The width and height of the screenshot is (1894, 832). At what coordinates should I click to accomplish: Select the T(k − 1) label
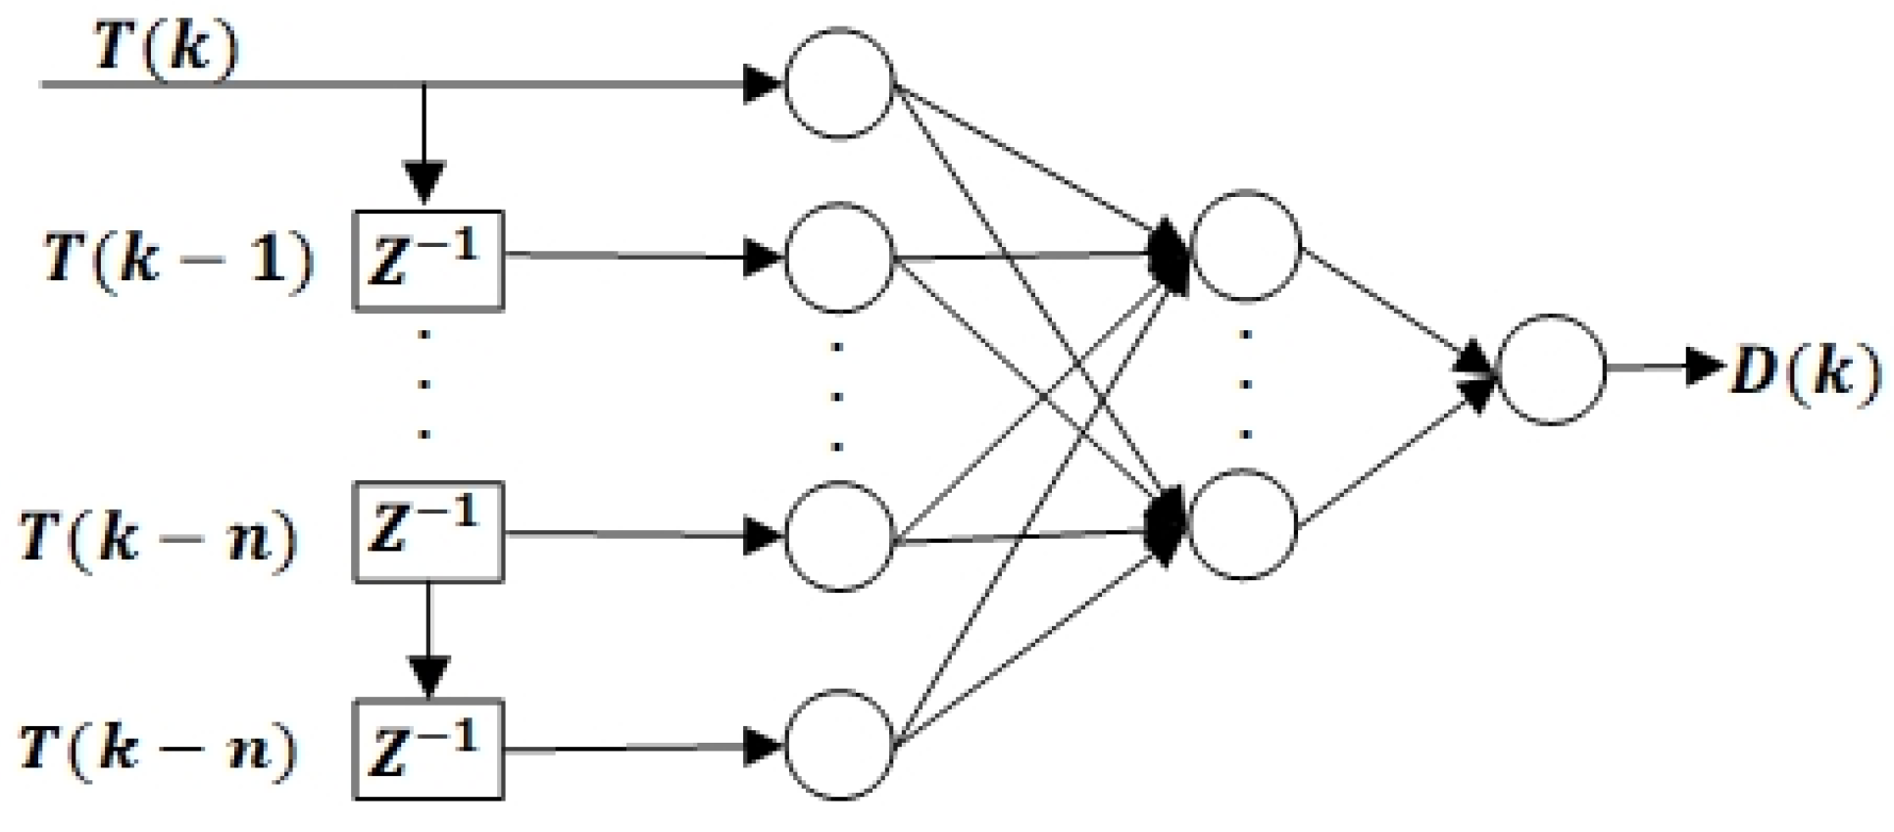(179, 261)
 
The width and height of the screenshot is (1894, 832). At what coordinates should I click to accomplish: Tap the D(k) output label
(1805, 371)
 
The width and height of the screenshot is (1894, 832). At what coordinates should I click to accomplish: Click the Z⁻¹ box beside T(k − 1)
(428, 261)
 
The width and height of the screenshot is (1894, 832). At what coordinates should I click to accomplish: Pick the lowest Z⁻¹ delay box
(428, 750)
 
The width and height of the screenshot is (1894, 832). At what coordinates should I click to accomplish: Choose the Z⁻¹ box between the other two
(428, 532)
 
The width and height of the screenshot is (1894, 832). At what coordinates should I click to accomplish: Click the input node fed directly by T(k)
(839, 83)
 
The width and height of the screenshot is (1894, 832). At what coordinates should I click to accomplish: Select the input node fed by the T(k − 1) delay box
(839, 258)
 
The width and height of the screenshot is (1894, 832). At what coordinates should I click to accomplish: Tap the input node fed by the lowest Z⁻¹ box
(839, 745)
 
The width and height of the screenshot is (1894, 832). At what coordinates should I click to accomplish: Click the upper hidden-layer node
(1244, 245)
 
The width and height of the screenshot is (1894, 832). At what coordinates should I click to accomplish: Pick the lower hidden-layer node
(1242, 524)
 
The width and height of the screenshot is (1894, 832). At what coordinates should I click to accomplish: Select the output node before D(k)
(1551, 369)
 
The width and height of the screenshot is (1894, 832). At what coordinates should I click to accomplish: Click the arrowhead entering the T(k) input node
(763, 84)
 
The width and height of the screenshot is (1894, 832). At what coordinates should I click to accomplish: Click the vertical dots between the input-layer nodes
(836, 397)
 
